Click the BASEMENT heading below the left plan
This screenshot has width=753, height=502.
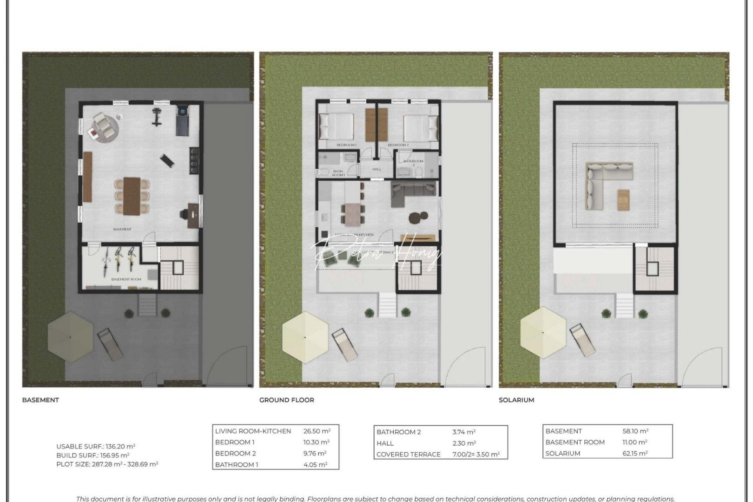tap(40, 400)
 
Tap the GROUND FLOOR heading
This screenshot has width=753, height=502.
tap(286, 400)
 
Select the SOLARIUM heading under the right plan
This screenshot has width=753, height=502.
tap(516, 400)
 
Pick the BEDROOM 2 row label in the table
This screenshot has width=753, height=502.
tap(235, 453)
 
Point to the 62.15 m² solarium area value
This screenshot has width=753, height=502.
tap(635, 453)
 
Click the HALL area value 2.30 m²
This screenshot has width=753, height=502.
tap(464, 443)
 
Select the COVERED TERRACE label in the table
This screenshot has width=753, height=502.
tap(408, 454)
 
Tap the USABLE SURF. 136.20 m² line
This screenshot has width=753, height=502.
tap(96, 446)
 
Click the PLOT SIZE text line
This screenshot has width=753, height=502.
tap(107, 464)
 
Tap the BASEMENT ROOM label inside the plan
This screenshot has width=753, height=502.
tap(126, 279)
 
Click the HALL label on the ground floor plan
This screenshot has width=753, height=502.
tap(376, 169)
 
